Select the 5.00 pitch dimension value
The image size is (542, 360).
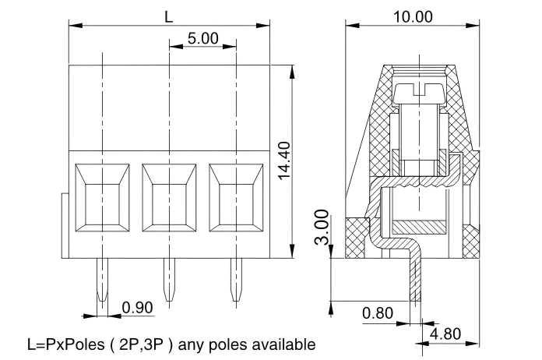click(202, 39)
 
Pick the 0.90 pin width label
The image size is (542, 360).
click(138, 307)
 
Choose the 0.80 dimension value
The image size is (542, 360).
click(378, 314)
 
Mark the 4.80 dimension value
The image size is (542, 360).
click(445, 334)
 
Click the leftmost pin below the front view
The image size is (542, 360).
click(102, 281)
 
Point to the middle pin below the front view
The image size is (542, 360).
click(169, 281)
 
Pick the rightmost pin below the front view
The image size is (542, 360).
click(236, 281)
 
